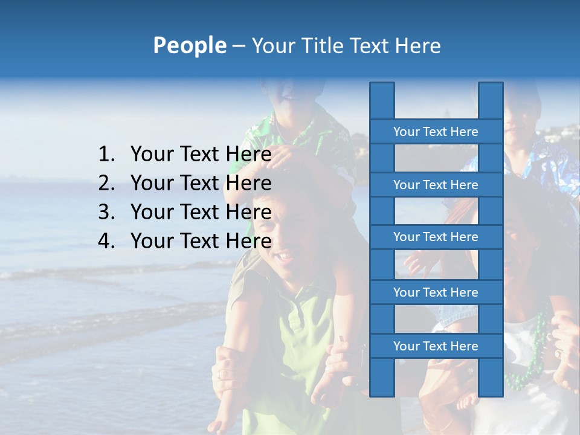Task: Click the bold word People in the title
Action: (189, 45)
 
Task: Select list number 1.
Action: (106, 155)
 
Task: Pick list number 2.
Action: (106, 183)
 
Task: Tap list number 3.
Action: (106, 212)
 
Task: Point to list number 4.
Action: (106, 241)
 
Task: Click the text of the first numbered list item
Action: (201, 155)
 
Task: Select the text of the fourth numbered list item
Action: (201, 241)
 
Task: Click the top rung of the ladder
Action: (436, 132)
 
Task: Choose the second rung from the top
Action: (436, 185)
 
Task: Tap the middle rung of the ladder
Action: (436, 237)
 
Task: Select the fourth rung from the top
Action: (436, 292)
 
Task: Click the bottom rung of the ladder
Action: (436, 346)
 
